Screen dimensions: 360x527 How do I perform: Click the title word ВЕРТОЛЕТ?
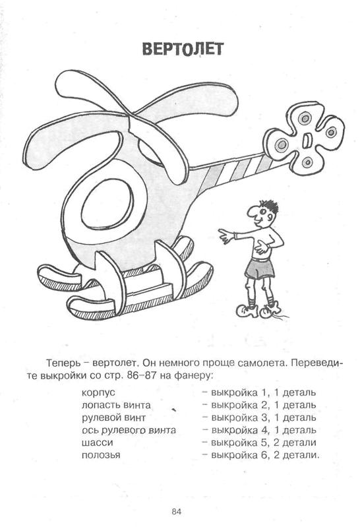[x=183, y=49]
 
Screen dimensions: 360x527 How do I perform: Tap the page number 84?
[x=177, y=512]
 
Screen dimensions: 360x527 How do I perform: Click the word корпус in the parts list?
[x=98, y=393]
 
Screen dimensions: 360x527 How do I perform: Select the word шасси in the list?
[x=97, y=443]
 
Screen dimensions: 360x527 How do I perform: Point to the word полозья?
[x=101, y=455]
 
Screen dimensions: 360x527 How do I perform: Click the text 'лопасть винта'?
[x=116, y=406]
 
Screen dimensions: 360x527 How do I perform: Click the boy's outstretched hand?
[x=225, y=235]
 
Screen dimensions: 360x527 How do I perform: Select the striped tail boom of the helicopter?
[x=235, y=171]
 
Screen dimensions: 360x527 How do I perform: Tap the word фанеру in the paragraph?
[x=193, y=376]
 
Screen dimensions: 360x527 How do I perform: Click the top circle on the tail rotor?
[x=305, y=118]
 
